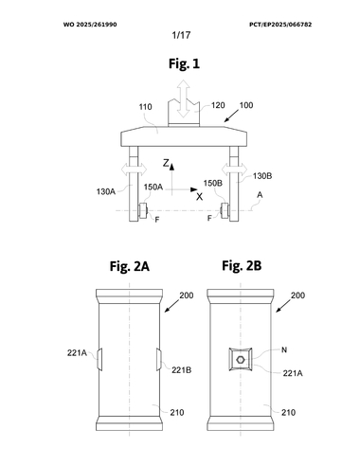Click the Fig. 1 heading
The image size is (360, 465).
coord(184,63)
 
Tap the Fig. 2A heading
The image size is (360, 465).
coord(130,266)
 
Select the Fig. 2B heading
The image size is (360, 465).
coord(242,265)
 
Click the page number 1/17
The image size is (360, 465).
coord(181,35)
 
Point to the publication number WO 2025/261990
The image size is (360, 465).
coord(90,25)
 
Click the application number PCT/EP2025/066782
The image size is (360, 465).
coord(280,25)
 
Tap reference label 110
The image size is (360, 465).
coord(145,107)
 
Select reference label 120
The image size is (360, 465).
coord(218,105)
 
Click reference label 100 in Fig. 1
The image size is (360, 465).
coord(246,105)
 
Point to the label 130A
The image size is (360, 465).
coord(106,191)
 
